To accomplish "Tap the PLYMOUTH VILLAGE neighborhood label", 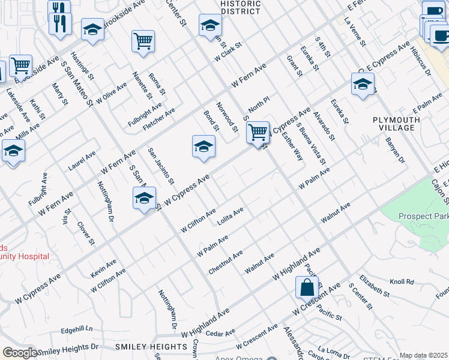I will pyautogui.click(x=394, y=124).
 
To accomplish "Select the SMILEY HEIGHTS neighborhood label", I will pyautogui.click(x=151, y=347).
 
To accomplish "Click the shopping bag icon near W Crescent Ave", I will pyautogui.click(x=307, y=287).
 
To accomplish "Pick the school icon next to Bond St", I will pyautogui.click(x=203, y=146).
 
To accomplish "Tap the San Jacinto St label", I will pyautogui.click(x=161, y=166).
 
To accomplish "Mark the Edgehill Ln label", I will pyautogui.click(x=76, y=329).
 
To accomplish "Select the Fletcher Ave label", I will pyautogui.click(x=159, y=120).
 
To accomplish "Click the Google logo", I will pyautogui.click(x=20, y=353).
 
